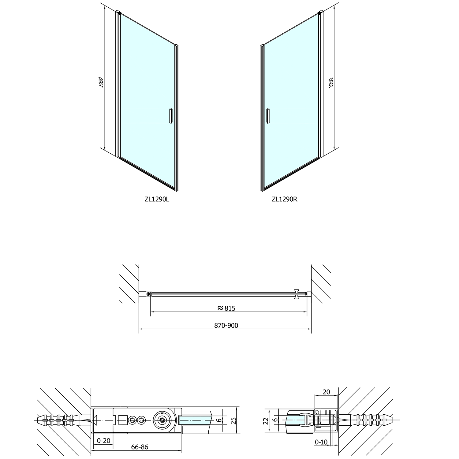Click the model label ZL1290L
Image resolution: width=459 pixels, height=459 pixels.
click(x=157, y=199)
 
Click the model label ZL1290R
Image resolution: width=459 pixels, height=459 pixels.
click(x=285, y=199)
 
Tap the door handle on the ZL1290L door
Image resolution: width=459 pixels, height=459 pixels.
click(x=170, y=116)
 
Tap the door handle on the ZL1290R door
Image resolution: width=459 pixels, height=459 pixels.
click(x=268, y=116)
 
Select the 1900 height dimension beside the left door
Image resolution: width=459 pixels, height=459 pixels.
click(x=102, y=82)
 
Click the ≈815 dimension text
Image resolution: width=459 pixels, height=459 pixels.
click(x=226, y=308)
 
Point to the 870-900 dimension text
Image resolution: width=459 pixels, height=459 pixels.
click(x=226, y=326)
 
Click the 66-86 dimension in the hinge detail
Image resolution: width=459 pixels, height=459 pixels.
click(x=140, y=447)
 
